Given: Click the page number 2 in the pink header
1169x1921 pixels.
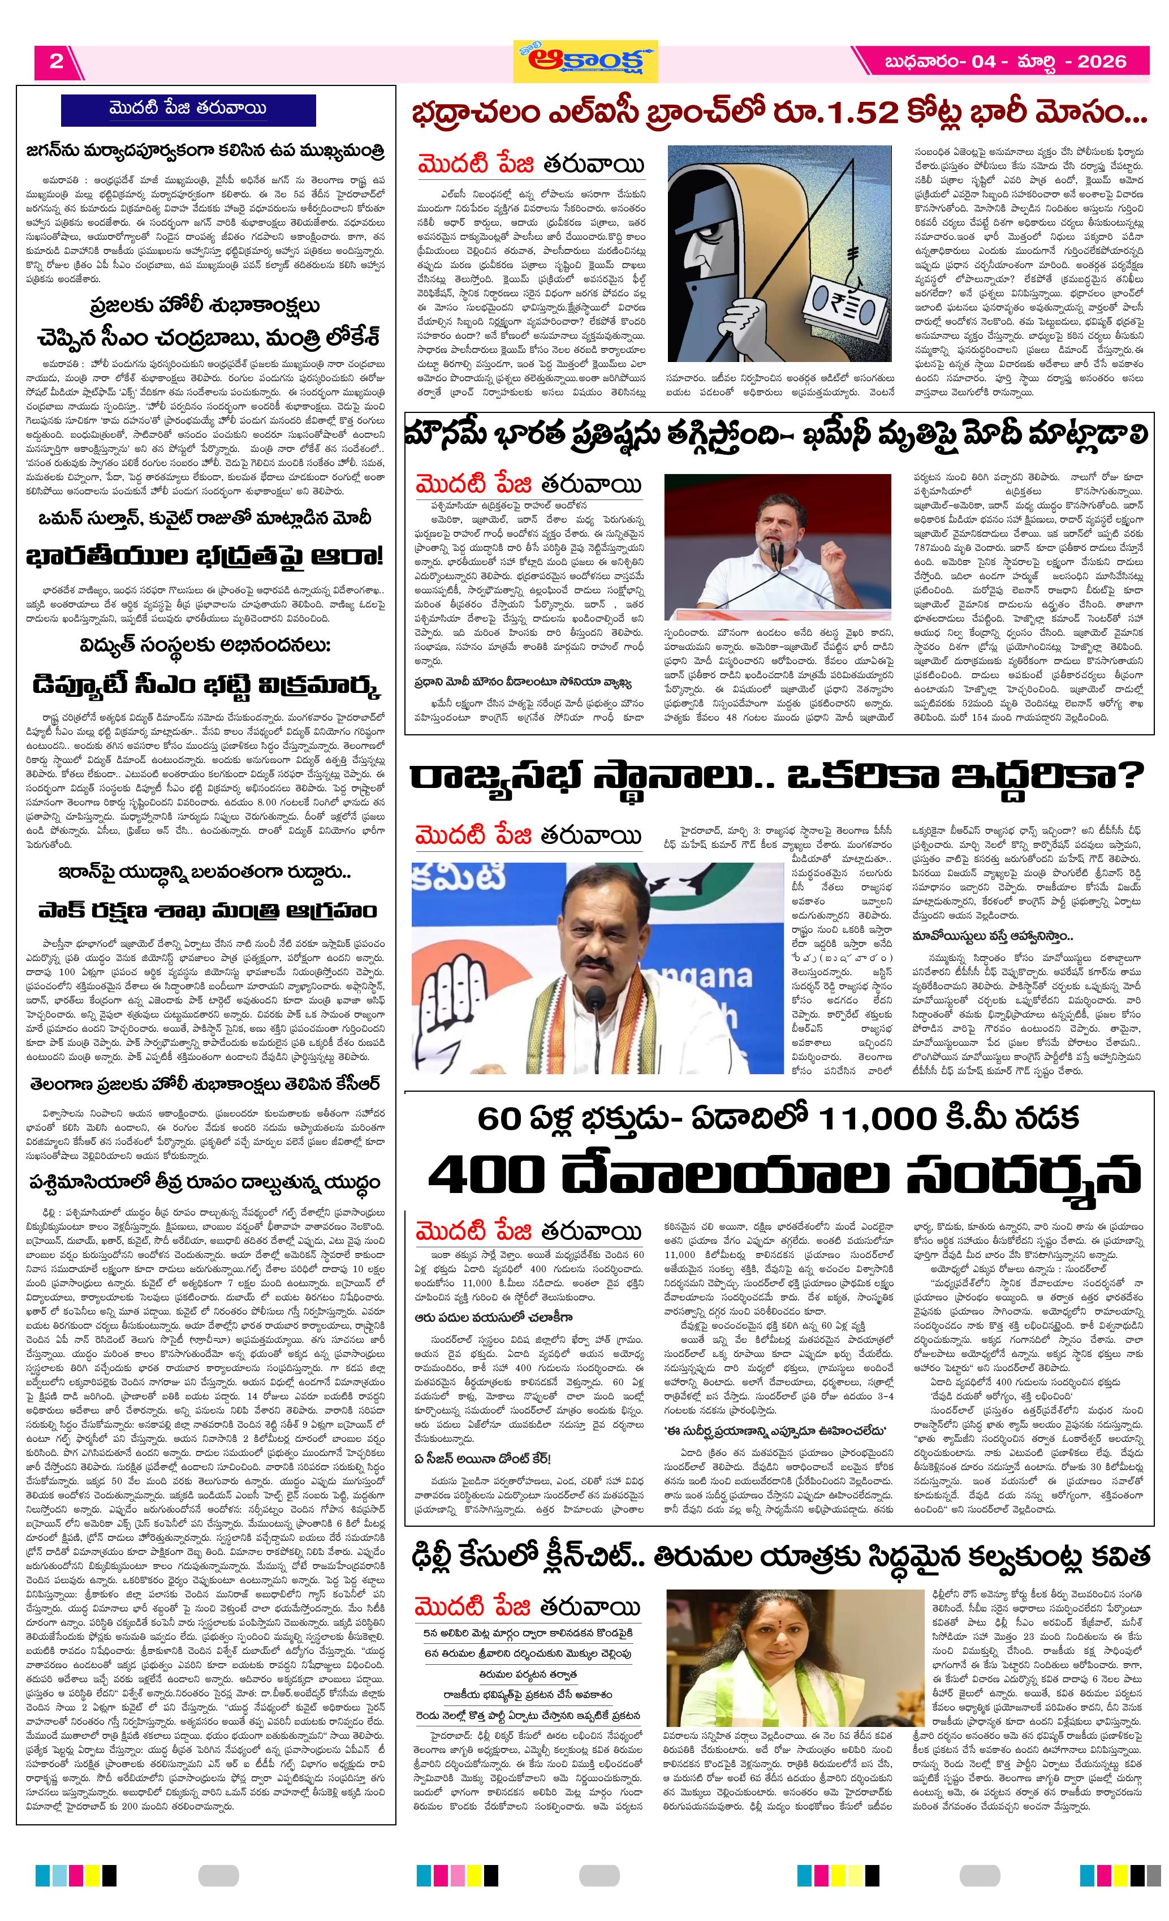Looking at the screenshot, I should tap(56, 62).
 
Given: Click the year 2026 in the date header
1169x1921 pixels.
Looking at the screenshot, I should tap(1101, 62).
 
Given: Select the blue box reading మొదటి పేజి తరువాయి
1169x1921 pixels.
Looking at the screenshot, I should tap(188, 109).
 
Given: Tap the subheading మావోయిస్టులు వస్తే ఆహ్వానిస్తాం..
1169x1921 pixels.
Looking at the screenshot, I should tap(991, 936).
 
